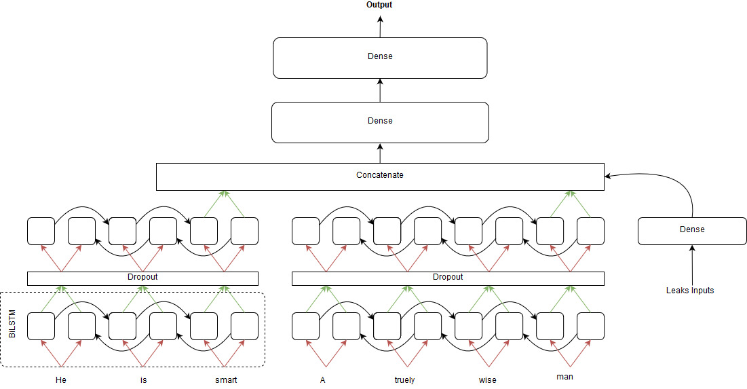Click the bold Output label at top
[379, 5]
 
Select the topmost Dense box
[380, 57]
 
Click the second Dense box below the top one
[380, 122]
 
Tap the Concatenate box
[380, 176]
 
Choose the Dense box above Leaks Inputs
[692, 230]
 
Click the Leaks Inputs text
[690, 291]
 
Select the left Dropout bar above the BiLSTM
[142, 278]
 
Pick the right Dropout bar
[448, 278]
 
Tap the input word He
[60, 380]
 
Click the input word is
[143, 380]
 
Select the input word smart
[226, 380]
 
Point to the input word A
[323, 380]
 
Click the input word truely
[404, 380]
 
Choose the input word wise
[487, 380]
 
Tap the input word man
[564, 376]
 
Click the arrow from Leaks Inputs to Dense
[692, 265]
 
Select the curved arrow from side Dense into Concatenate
[682, 190]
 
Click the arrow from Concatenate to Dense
[380, 153]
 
